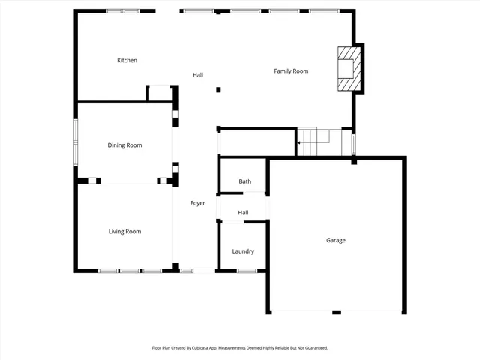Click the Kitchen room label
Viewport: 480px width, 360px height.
(x=127, y=60)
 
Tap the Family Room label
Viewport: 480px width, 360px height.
(x=291, y=71)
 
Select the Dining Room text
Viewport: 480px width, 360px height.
(x=124, y=145)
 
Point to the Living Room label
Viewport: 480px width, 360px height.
(x=124, y=232)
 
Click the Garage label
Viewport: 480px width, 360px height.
(x=336, y=241)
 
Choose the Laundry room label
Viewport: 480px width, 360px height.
(x=243, y=251)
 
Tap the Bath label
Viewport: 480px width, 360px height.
(x=245, y=181)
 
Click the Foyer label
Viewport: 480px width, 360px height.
(x=198, y=203)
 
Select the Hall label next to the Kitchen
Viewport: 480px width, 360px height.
(x=198, y=75)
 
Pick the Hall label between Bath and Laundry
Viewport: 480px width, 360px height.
(x=243, y=213)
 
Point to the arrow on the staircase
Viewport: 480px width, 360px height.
(x=300, y=142)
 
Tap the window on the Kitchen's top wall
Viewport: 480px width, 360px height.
(x=122, y=11)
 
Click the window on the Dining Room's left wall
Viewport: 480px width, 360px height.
(x=75, y=142)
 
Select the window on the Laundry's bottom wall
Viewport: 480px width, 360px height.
(x=247, y=271)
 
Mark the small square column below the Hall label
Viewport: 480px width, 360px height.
(x=218, y=90)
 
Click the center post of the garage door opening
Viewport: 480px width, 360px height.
(x=337, y=312)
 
